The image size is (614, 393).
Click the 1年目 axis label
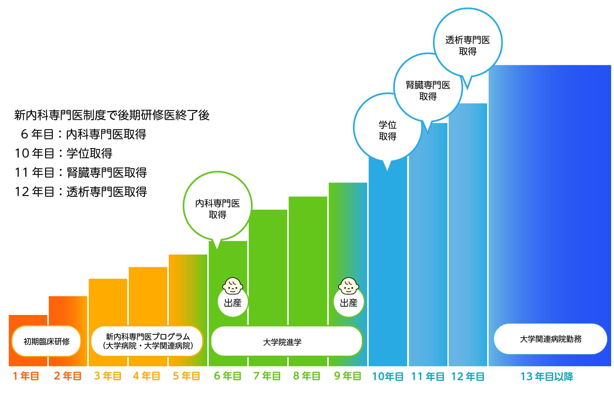coord(26,376)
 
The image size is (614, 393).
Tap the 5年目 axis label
coord(186,376)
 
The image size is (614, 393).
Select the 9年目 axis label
coord(348,376)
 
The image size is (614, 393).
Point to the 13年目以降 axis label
coord(547,376)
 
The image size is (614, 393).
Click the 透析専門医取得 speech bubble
coord(468,45)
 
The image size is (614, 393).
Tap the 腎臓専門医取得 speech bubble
coord(428,90)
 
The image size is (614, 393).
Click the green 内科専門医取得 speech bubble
coord(217,208)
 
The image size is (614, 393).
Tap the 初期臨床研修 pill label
coord(46,341)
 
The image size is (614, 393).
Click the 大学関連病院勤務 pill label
coord(550,339)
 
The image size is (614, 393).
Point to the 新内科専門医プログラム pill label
coord(147,341)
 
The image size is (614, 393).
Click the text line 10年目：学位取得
coord(64,153)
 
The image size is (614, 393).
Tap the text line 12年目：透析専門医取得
coord(81,192)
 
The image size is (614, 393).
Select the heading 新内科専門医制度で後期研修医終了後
coord(112,115)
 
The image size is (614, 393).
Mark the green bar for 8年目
coord(308,256)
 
